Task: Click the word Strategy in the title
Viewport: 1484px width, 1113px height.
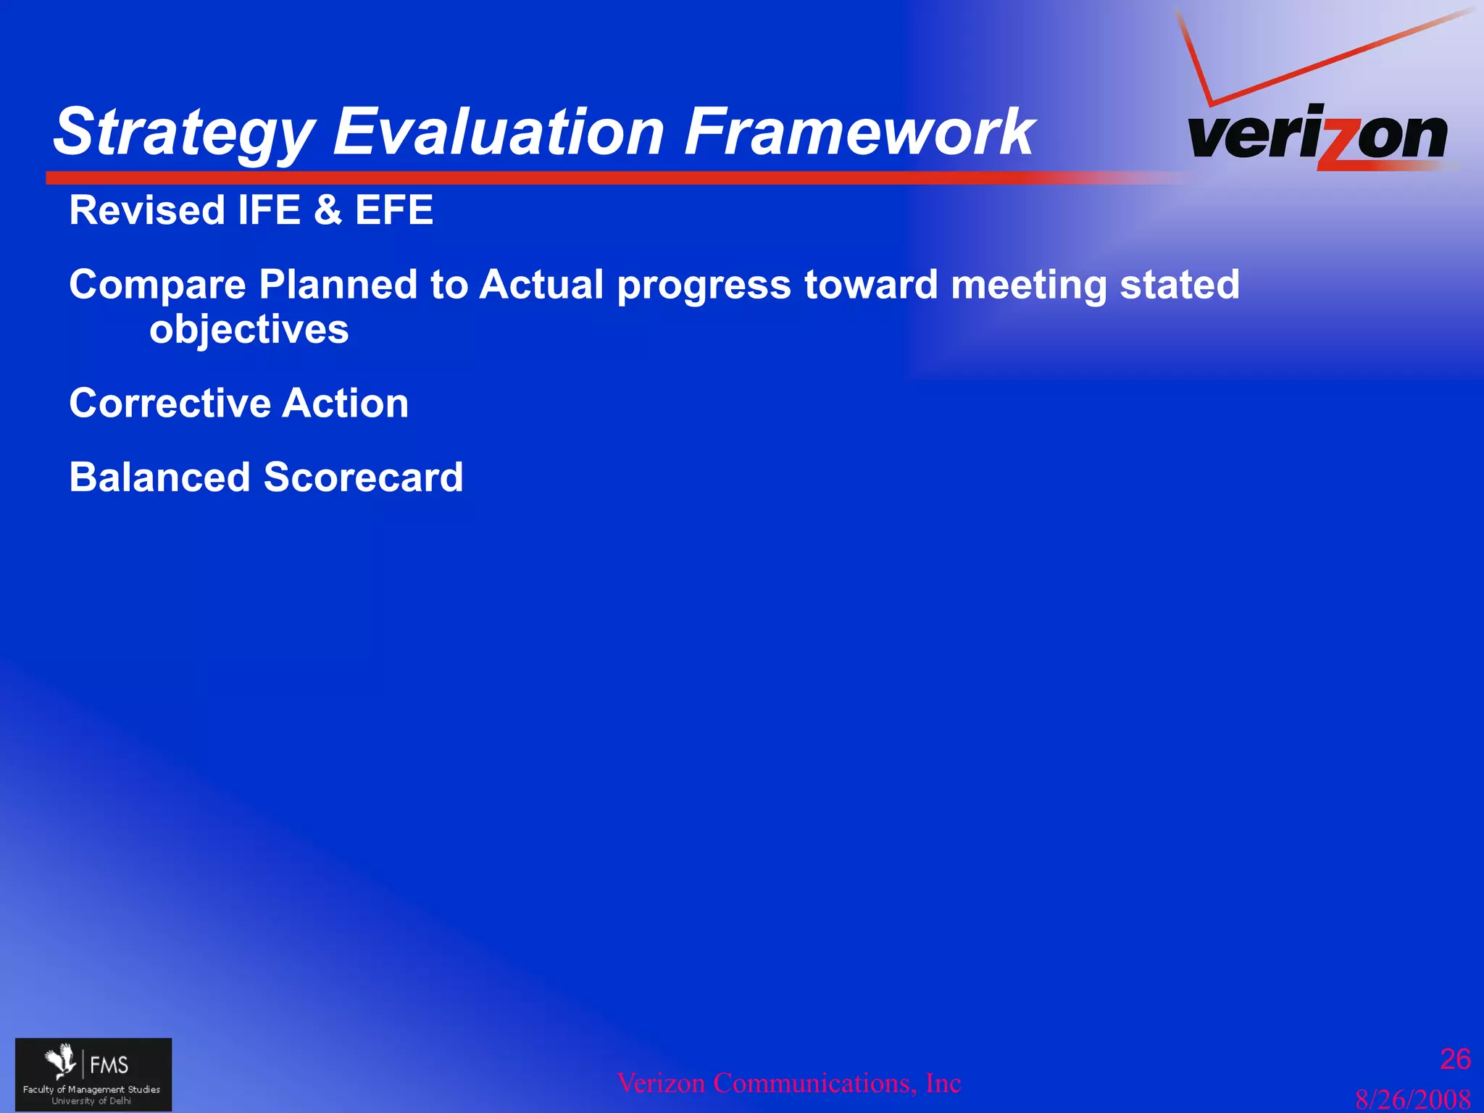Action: pos(185,133)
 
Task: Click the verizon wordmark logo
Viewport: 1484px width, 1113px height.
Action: pos(1317,136)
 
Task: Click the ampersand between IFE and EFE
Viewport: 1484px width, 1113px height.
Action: pos(328,210)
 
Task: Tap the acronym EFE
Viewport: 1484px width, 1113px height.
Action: pos(393,210)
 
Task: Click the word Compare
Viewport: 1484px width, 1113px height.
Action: pos(157,285)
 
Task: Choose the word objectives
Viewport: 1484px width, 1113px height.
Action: pos(249,330)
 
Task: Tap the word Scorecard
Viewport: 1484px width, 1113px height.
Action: pos(363,478)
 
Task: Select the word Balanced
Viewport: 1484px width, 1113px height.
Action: pos(159,478)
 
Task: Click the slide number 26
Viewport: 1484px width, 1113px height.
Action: pos(1454,1059)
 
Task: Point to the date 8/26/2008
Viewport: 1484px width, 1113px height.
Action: pos(1412,1099)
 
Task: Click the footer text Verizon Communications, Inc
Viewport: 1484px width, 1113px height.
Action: pos(788,1083)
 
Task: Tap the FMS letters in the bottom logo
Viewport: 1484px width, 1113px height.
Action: pos(109,1064)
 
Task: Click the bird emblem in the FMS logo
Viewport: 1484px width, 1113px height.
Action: pos(62,1062)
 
